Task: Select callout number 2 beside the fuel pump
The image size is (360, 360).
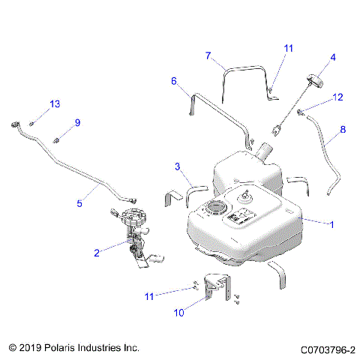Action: tap(97, 253)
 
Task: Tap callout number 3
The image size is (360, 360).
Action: tap(178, 166)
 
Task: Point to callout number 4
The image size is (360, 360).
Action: tap(333, 57)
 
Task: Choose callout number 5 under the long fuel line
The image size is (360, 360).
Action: tap(79, 202)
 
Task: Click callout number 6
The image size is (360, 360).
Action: tap(173, 81)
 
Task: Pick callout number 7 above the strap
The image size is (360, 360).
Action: tap(208, 55)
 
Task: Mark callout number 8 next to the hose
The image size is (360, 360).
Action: tap(343, 130)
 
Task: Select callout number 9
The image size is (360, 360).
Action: tap(76, 123)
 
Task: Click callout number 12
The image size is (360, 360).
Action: tap(337, 97)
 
